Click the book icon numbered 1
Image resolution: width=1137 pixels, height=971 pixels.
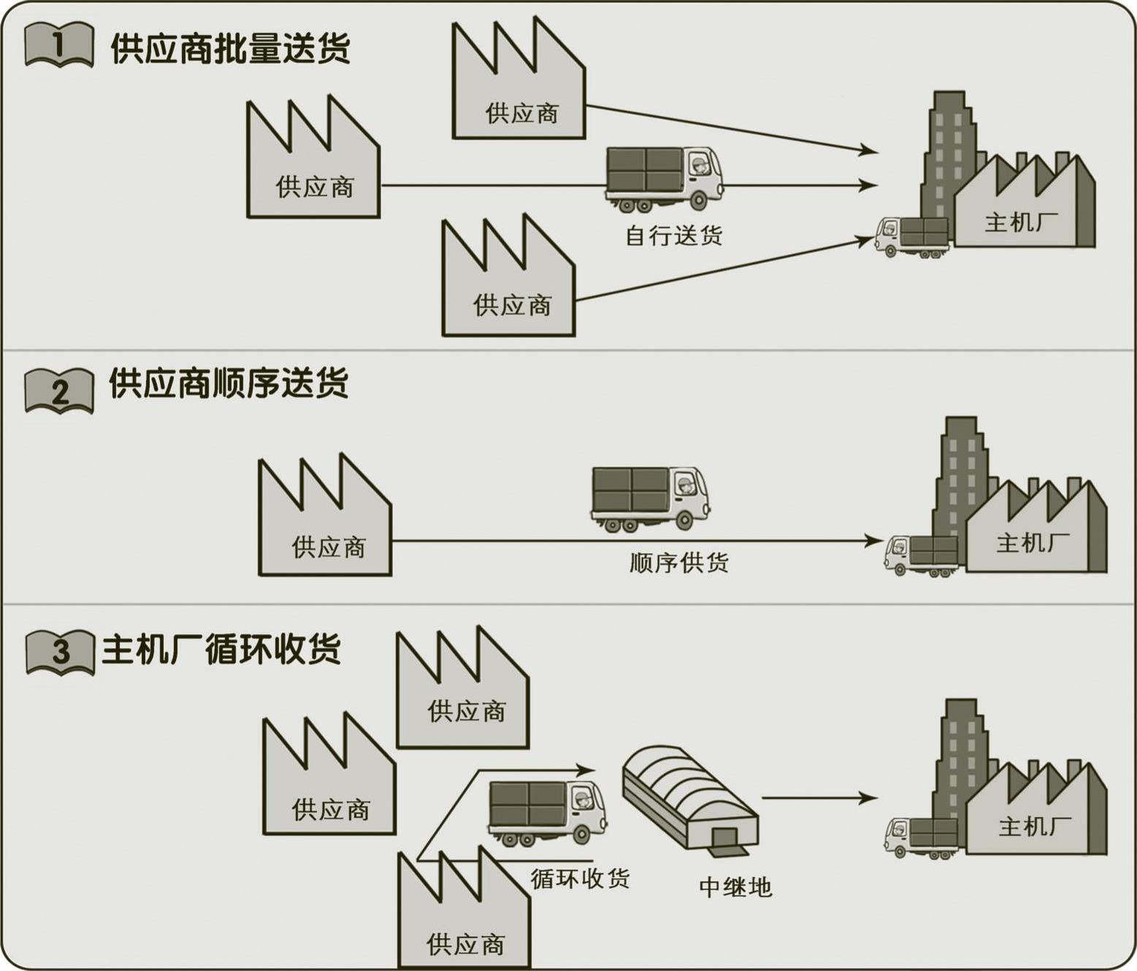click(59, 45)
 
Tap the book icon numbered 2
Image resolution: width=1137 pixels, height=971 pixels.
click(59, 391)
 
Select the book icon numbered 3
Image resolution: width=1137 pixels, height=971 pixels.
click(60, 651)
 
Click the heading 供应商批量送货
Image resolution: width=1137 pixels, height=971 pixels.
click(230, 48)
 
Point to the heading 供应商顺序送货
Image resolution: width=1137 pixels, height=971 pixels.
click(229, 384)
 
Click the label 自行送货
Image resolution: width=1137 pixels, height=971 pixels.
click(673, 236)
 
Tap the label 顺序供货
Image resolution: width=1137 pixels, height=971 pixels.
click(679, 563)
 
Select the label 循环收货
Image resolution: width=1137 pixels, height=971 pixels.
click(580, 878)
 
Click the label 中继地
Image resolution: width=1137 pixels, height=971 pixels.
click(735, 887)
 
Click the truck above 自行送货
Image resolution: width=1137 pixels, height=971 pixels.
click(664, 178)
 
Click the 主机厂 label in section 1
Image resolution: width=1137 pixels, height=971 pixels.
click(1021, 222)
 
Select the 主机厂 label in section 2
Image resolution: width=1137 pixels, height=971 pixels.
click(1033, 543)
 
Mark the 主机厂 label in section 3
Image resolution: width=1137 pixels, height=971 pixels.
click(1035, 826)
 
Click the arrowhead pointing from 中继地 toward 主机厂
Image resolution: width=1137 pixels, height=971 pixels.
click(869, 798)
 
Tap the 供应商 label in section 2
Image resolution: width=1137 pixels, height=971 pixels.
click(329, 547)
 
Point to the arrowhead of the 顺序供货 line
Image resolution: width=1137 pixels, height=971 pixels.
click(875, 541)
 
